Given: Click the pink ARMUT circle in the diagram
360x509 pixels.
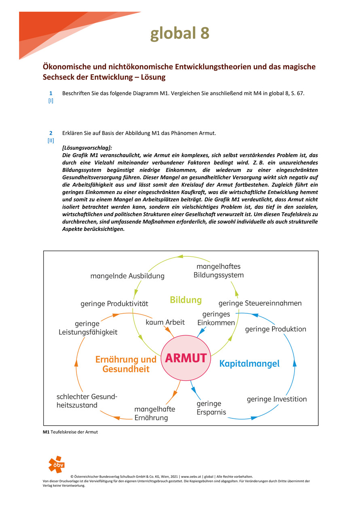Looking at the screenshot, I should [186, 358].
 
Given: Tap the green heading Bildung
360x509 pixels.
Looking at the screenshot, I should [186, 300].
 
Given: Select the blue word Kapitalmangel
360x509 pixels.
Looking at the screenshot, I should [249, 363].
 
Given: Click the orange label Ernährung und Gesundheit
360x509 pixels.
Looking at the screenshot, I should [126, 364].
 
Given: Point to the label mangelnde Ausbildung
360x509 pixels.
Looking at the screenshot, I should [127, 276].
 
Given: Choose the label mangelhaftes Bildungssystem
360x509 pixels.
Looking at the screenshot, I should [218, 271].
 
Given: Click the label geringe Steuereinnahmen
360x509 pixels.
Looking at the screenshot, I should [260, 303].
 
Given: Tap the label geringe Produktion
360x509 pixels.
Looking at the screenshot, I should [275, 329].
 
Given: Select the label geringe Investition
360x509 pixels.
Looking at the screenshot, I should [277, 399].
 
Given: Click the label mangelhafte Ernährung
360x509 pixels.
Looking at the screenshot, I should [155, 413].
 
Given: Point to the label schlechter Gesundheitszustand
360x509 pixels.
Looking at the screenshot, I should [87, 401].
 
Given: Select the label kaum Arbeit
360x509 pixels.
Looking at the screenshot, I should [165, 322].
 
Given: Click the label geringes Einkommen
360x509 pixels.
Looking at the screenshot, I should [216, 319].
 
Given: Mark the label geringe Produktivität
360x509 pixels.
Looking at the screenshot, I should [114, 303].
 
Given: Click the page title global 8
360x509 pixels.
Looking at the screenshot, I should [180, 34].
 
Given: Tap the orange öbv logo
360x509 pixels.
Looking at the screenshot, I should [56, 465].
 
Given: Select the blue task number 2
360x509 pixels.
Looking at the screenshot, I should [51, 133].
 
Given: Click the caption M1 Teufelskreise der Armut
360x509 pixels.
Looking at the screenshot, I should [70, 432].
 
